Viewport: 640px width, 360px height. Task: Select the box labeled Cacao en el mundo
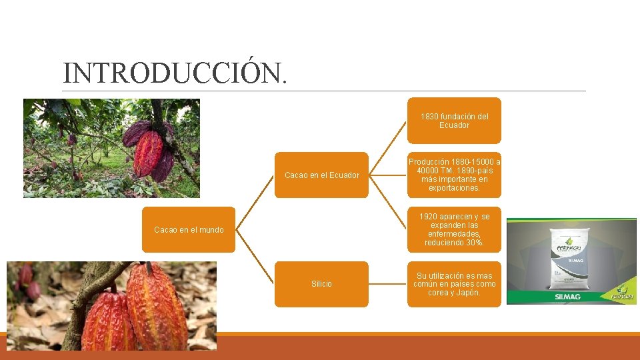pyautogui.click(x=189, y=230)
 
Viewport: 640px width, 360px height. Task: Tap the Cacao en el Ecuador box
pyautogui.click(x=321, y=175)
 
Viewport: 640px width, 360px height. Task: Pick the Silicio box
pyautogui.click(x=321, y=284)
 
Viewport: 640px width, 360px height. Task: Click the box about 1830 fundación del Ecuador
pyautogui.click(x=454, y=121)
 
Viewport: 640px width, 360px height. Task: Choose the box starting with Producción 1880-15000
pyautogui.click(x=454, y=175)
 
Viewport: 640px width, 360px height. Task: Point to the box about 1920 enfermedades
pyautogui.click(x=454, y=230)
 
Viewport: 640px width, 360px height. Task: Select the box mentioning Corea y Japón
pyautogui.click(x=454, y=284)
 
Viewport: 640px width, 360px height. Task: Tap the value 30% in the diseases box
pyautogui.click(x=473, y=243)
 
